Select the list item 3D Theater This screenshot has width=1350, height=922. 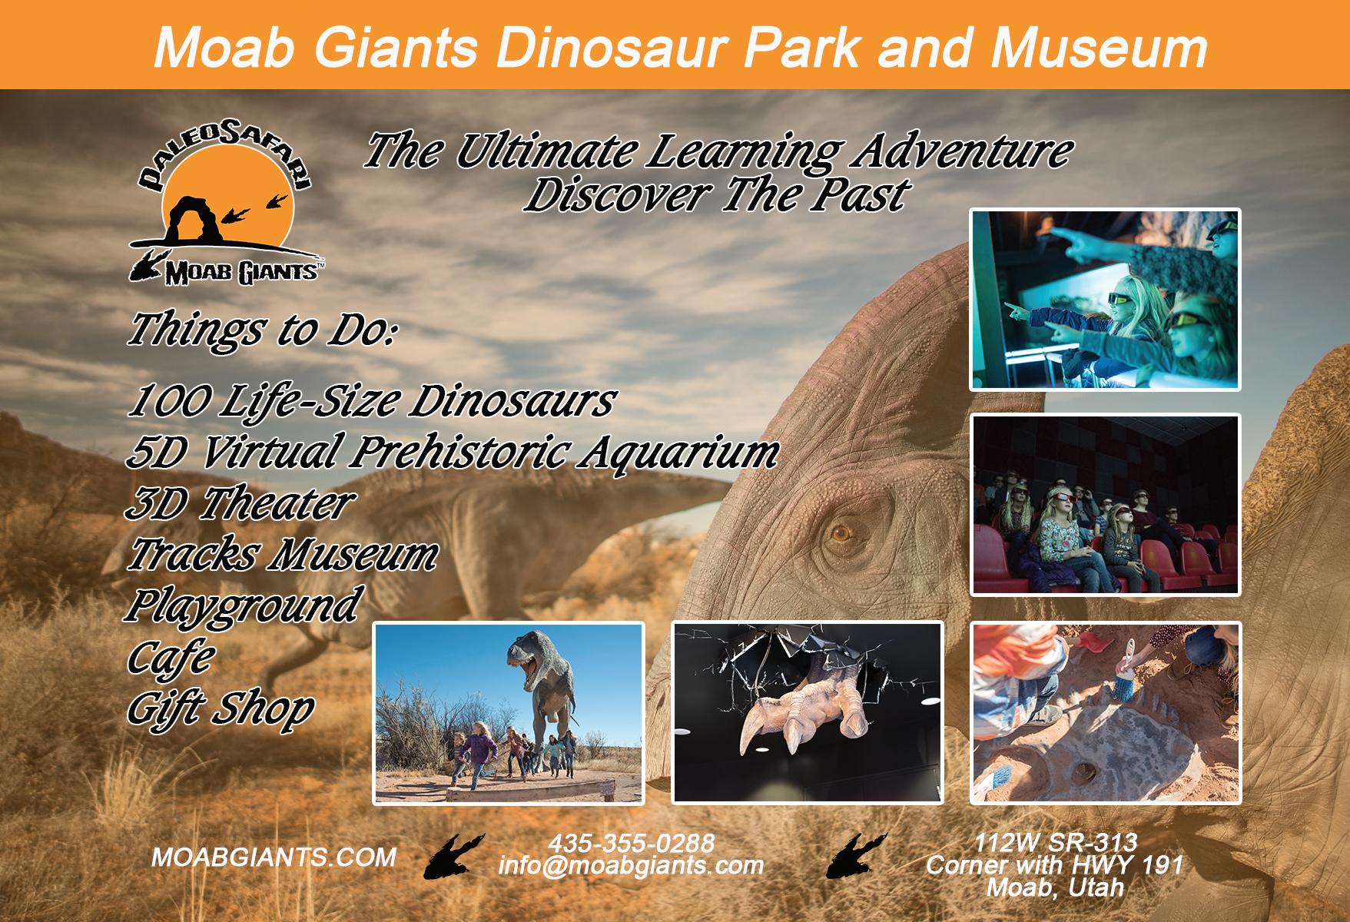coord(240,503)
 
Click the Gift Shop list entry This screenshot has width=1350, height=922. coord(220,709)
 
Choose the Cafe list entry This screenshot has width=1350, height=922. coord(171,656)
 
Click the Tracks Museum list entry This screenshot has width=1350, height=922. coord(282,555)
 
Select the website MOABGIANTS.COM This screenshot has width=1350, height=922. coord(274,857)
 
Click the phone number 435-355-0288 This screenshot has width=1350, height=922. coord(631,843)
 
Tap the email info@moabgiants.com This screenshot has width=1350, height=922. coord(631,866)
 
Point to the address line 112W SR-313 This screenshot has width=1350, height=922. coord(1055,843)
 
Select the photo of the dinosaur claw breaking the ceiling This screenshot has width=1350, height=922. coord(808,713)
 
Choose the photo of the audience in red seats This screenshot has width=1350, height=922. coord(1106,505)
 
